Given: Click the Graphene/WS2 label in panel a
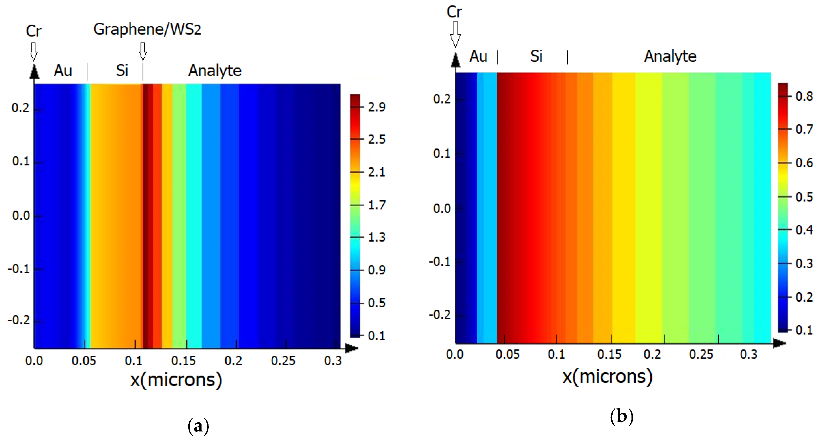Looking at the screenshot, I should (147, 29).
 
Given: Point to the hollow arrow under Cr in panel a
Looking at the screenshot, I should (34, 51).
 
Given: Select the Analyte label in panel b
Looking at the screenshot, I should (670, 56).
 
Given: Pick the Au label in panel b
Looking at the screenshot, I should (478, 56).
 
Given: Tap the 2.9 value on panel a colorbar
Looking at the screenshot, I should (376, 107).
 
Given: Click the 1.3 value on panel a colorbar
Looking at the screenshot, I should (376, 237).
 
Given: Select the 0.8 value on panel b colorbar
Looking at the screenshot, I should (804, 96).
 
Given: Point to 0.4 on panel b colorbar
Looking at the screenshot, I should (804, 230).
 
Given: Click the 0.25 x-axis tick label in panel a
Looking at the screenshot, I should (283, 361).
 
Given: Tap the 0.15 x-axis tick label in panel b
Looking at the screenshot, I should (609, 354).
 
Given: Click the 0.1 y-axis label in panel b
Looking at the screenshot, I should (442, 154).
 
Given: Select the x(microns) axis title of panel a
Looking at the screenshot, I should (176, 380).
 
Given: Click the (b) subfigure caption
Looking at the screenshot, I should (621, 417).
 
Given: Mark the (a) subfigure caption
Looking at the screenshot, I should (198, 426).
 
